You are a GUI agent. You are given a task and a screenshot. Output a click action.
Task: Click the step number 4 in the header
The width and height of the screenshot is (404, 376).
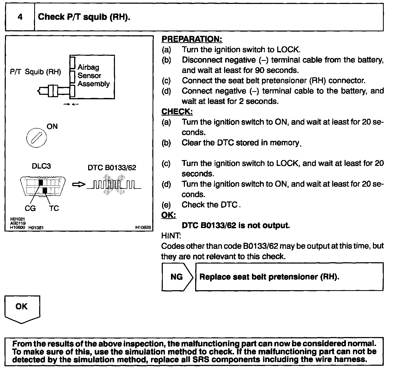coord(20,17)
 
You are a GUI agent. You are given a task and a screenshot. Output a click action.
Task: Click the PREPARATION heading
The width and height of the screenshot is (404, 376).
coord(192,39)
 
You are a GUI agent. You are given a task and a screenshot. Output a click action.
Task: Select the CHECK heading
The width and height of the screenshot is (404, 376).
coord(177,111)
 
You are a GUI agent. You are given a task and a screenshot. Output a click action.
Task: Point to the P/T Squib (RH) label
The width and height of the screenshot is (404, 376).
coord(35,72)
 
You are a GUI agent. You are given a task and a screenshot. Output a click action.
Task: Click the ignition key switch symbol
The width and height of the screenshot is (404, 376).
coord(36,138)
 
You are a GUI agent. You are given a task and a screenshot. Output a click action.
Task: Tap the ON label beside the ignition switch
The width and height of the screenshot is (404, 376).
coord(52,126)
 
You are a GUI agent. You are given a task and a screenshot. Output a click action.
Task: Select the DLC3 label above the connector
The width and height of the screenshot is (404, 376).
coord(41,166)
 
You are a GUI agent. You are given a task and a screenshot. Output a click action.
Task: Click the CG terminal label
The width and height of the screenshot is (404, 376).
coord(30,209)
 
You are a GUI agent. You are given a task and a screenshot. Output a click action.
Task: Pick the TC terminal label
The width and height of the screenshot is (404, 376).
coord(54,209)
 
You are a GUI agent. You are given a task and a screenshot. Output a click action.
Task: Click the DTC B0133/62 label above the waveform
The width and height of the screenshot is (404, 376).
coord(112,168)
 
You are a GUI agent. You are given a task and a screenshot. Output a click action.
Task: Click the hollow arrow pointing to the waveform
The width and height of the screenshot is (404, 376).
coord(79,185)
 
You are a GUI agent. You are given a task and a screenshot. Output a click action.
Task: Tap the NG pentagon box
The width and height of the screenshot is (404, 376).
coord(177,277)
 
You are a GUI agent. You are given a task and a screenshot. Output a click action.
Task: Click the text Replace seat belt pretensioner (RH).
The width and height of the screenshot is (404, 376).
coord(269,277)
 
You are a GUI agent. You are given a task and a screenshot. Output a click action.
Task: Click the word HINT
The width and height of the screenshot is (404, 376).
coord(171,235)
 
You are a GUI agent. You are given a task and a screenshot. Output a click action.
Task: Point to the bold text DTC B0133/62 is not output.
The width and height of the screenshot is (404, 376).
coord(236,225)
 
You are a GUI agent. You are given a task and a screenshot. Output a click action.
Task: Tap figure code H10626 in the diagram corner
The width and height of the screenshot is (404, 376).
coord(143,227)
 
